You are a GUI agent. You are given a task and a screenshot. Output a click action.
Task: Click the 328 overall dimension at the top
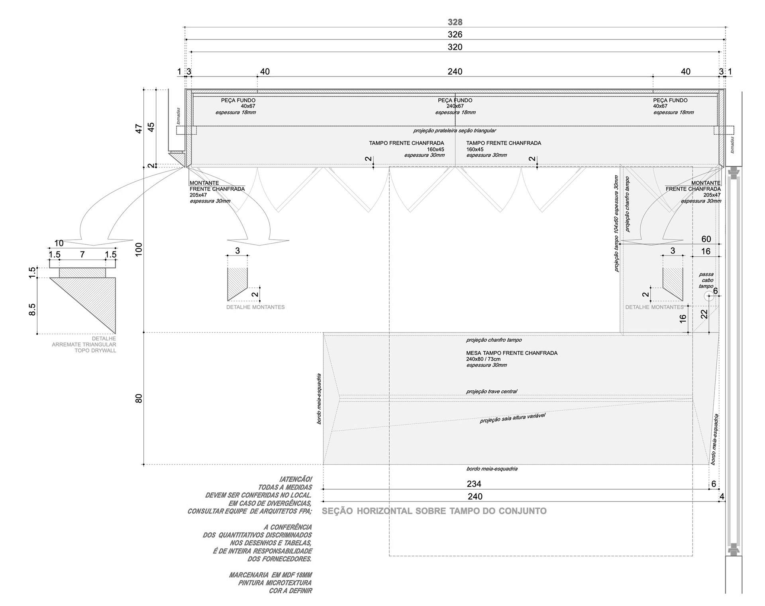pyautogui.click(x=455, y=22)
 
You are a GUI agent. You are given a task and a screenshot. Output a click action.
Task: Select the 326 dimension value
pyautogui.click(x=455, y=35)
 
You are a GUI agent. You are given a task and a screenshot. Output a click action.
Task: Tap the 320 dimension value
pyautogui.click(x=455, y=47)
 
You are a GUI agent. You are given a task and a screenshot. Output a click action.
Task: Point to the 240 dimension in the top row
pyautogui.click(x=455, y=71)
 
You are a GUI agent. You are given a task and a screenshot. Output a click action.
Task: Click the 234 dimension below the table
pyautogui.click(x=474, y=484)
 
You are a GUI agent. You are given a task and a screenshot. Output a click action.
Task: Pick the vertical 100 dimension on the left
pyautogui.click(x=139, y=249)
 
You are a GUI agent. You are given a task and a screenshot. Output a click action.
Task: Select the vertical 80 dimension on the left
pyautogui.click(x=139, y=398)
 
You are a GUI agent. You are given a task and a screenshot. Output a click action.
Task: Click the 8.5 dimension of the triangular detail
pyautogui.click(x=32, y=309)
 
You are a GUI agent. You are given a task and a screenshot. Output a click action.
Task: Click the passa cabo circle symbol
pyautogui.click(x=708, y=296)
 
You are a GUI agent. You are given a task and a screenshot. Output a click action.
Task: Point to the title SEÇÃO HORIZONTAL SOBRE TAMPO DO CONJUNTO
pyautogui.click(x=434, y=511)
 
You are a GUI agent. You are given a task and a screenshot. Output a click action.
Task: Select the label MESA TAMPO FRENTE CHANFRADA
pyautogui.click(x=512, y=353)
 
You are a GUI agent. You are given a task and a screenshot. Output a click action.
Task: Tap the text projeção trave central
pyautogui.click(x=492, y=392)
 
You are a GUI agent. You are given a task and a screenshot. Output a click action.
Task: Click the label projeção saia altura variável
pyautogui.click(x=512, y=418)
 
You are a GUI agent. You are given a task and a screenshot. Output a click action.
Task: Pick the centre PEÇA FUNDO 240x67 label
pyautogui.click(x=455, y=103)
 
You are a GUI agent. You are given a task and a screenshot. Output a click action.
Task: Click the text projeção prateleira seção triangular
pyautogui.click(x=455, y=130)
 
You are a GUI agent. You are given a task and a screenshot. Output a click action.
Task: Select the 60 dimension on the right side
pyautogui.click(x=706, y=239)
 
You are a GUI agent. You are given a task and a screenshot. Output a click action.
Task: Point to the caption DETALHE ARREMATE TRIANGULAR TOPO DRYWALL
pyautogui.click(x=84, y=344)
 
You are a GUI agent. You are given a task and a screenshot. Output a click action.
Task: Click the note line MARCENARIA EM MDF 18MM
pyautogui.click(x=271, y=575)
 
